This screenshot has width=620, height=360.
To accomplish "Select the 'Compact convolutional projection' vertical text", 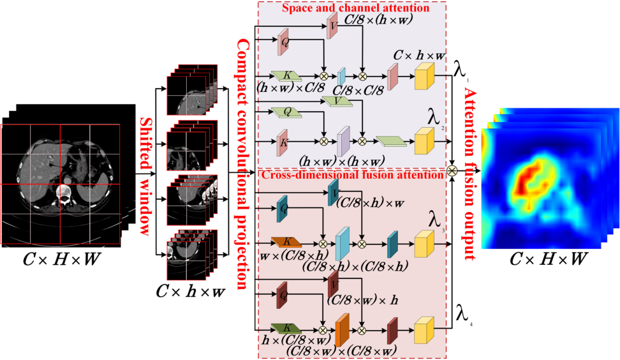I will pos(243,162).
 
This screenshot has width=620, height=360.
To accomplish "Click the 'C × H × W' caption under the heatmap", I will pos(548,260).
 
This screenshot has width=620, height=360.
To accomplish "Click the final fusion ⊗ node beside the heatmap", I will pos(452,170).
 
